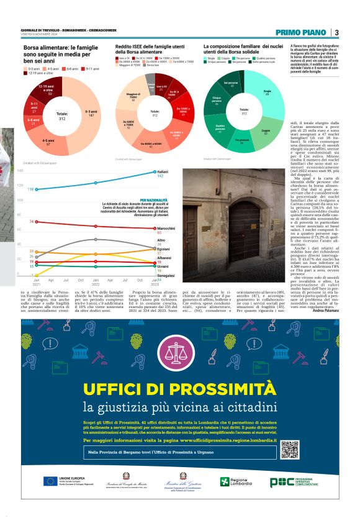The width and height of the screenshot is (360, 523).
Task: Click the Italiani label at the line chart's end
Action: click(x=163, y=171)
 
